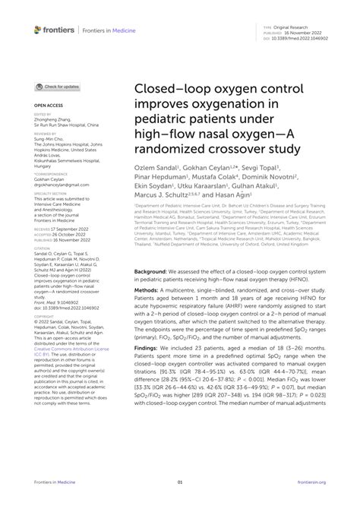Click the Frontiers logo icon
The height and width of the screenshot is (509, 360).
(39, 30)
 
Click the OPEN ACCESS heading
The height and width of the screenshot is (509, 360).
(48, 105)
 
